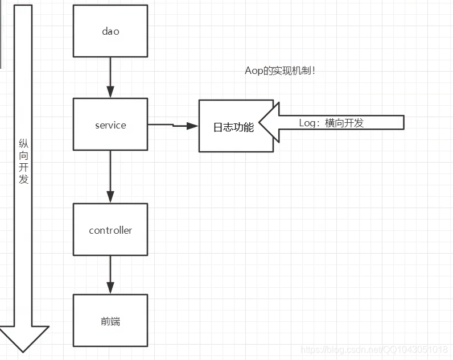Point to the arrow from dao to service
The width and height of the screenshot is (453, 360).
point(110,77)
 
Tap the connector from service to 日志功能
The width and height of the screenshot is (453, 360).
point(173,125)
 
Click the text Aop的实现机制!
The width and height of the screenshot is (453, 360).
point(280,71)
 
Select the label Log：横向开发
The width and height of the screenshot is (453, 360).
point(331,123)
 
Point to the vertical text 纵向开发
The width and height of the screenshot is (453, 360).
point(23,162)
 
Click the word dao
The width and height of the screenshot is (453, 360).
point(110,31)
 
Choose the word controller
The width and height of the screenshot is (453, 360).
point(110,230)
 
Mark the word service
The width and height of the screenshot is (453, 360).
point(110,125)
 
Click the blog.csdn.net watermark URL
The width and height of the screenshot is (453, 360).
point(374,349)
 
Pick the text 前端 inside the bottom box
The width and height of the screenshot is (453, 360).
point(110,321)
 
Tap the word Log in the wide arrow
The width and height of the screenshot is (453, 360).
point(307,123)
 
